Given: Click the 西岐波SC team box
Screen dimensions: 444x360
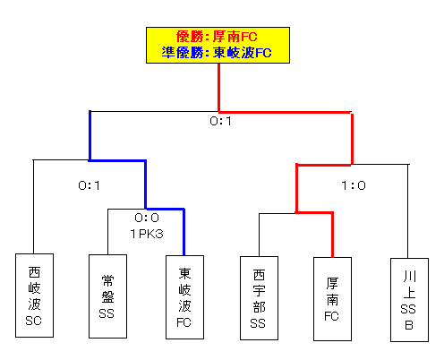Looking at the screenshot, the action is pyautogui.click(x=34, y=296).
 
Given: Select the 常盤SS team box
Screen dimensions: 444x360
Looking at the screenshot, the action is pyautogui.click(x=107, y=296).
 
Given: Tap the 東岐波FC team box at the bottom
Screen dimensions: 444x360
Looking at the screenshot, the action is pyautogui.click(x=184, y=297).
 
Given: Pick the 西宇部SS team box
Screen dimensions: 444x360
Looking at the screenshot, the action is pyautogui.click(x=259, y=298).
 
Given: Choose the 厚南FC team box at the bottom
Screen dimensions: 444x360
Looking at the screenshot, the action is pyautogui.click(x=332, y=299).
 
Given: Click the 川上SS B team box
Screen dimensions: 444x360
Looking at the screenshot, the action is pyautogui.click(x=409, y=300).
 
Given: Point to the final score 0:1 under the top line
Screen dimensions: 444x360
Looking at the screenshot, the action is pyautogui.click(x=220, y=121).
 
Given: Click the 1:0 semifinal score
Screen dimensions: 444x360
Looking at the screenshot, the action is pyautogui.click(x=354, y=185).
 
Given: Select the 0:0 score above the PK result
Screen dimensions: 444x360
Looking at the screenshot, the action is pyautogui.click(x=147, y=218).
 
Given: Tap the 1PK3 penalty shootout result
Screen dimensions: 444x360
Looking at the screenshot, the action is pyautogui.click(x=147, y=234).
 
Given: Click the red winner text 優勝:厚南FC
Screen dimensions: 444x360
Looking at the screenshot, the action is pyautogui.click(x=217, y=37).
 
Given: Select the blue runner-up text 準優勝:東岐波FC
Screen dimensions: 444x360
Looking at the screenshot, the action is pyautogui.click(x=217, y=53).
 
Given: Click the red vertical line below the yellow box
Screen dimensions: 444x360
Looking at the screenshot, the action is pyautogui.click(x=218, y=88).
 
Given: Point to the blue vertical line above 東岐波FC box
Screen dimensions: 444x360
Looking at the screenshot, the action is pyautogui.click(x=184, y=232).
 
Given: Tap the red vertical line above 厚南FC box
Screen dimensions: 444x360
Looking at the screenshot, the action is pyautogui.click(x=332, y=235).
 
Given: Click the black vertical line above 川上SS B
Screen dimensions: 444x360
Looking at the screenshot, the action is pyautogui.click(x=408, y=211).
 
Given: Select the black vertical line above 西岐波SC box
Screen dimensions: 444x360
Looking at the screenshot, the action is pyautogui.click(x=33, y=207).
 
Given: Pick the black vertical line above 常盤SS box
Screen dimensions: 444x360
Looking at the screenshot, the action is pyautogui.click(x=107, y=232).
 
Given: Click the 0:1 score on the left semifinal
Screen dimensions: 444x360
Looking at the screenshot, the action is pyautogui.click(x=89, y=185).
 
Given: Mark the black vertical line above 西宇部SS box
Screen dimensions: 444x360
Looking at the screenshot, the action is pyautogui.click(x=259, y=235).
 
